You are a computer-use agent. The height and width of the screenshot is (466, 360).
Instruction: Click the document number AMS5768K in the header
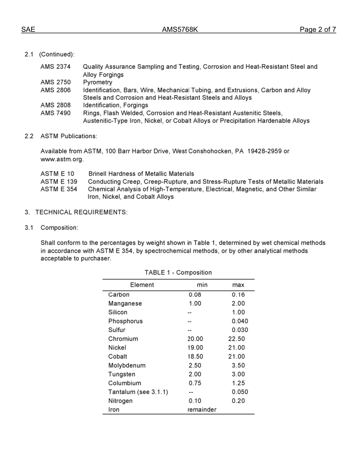180,30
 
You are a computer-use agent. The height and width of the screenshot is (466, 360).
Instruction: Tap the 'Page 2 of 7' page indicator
318,30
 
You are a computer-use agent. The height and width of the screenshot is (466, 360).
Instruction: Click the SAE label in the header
28,30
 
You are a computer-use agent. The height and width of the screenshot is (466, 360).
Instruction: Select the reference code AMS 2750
55,82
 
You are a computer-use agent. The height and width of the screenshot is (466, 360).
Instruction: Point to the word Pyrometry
98,82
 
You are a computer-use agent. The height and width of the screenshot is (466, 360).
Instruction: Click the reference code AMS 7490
55,113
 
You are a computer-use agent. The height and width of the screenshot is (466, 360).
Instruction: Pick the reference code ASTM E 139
59,181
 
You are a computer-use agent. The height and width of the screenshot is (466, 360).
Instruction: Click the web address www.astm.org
62,159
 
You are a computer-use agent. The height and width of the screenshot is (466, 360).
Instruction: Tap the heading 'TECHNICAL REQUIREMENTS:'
81,212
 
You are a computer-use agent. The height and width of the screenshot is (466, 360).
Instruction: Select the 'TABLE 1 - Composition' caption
178,272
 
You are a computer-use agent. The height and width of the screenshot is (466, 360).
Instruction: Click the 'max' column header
238,285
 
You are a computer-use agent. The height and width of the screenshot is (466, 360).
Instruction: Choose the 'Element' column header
142,285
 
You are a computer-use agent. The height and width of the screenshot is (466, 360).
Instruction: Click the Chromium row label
123,339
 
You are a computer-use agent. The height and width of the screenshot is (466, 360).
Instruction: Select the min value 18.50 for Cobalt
195,357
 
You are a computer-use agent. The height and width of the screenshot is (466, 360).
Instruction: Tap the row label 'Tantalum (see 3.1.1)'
138,392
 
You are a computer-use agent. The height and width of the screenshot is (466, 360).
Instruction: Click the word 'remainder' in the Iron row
202,410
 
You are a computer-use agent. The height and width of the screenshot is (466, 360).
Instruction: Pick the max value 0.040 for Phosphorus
240,321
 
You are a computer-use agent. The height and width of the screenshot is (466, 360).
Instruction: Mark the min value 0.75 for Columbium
195,383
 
